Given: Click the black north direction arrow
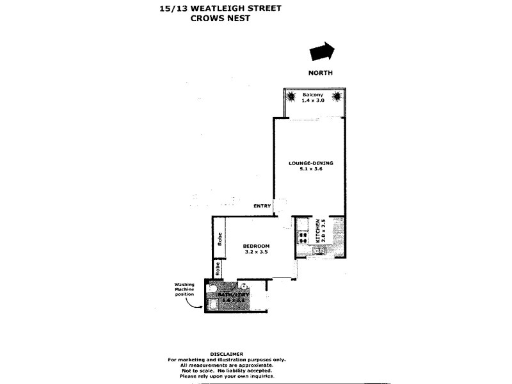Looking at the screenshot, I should [322, 51].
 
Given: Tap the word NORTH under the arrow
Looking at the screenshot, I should [321, 73].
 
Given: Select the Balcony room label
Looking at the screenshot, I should [312, 95].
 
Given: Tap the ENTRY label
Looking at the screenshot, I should [262, 205].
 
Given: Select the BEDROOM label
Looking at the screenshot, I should [256, 246].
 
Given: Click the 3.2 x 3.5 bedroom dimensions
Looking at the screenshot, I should [256, 253].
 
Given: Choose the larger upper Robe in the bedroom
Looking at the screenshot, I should [219, 239].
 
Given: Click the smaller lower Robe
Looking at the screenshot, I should [219, 268].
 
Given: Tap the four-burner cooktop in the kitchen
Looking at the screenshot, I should [302, 237].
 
